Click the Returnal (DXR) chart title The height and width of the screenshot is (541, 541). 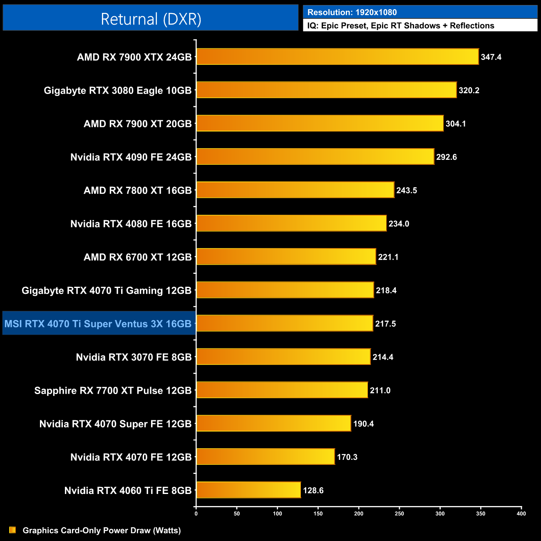point(151,19)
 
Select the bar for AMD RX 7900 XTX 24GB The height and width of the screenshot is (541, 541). point(338,57)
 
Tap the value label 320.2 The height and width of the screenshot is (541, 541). point(469,90)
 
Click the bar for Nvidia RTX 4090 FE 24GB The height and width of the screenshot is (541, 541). point(315,156)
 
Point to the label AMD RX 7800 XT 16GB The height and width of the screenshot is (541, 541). point(137,191)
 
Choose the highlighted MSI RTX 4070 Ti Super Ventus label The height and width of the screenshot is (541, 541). point(98,324)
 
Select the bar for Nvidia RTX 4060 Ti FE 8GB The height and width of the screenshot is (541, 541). point(248,490)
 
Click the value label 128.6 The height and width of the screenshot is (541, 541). point(313,491)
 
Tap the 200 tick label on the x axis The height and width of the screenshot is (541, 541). point(359,514)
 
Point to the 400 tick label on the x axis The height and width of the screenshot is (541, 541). point(521,514)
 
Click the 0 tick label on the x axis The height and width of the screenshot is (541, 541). point(196,514)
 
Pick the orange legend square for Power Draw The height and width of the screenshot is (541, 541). point(12,530)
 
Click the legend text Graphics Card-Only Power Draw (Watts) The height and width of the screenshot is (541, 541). point(102,531)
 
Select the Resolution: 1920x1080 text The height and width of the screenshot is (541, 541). point(352,12)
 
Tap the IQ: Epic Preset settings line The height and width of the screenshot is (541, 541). point(401,26)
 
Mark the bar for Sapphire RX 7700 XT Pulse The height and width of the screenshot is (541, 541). point(282,390)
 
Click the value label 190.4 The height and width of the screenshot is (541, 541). point(364,424)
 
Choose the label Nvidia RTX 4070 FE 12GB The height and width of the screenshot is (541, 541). point(131,457)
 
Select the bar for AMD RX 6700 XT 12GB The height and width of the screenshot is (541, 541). point(286,256)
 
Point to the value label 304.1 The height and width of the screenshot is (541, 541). point(456,124)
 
